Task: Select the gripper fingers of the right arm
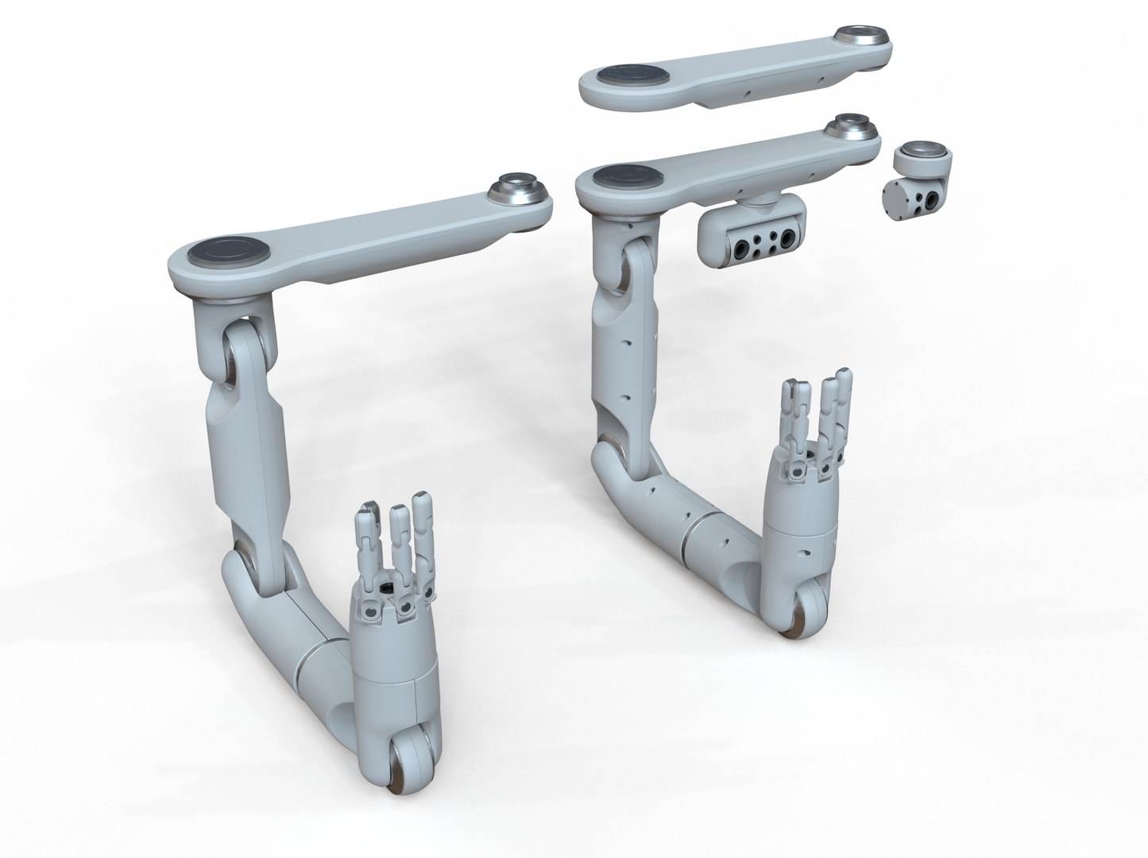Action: coord(818,417)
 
